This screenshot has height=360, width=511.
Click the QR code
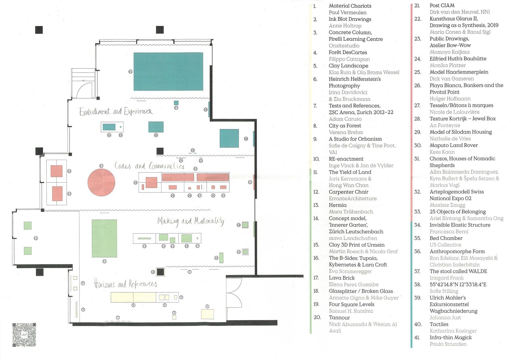[24, 335]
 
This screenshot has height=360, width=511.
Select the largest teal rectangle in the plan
[168, 72]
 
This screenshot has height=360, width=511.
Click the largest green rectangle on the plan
[104, 238]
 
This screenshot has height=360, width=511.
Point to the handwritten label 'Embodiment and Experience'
[116, 112]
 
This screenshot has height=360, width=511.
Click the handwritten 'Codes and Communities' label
[149, 166]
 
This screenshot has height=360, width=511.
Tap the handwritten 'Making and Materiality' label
[191, 221]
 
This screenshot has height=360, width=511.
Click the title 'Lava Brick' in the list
[342, 278]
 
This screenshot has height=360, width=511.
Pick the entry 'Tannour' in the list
[339, 317]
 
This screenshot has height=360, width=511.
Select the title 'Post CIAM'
[442, 5]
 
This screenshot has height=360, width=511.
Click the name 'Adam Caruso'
[345, 119]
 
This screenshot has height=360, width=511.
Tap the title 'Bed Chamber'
[446, 238]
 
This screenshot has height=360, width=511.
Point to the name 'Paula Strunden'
[448, 344]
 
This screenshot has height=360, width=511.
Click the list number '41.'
[417, 338]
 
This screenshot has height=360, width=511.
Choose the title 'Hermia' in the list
[338, 205]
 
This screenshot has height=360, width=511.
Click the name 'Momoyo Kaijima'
[449, 52]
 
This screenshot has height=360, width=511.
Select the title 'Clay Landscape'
[348, 66]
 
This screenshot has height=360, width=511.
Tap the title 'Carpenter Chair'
[349, 192]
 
